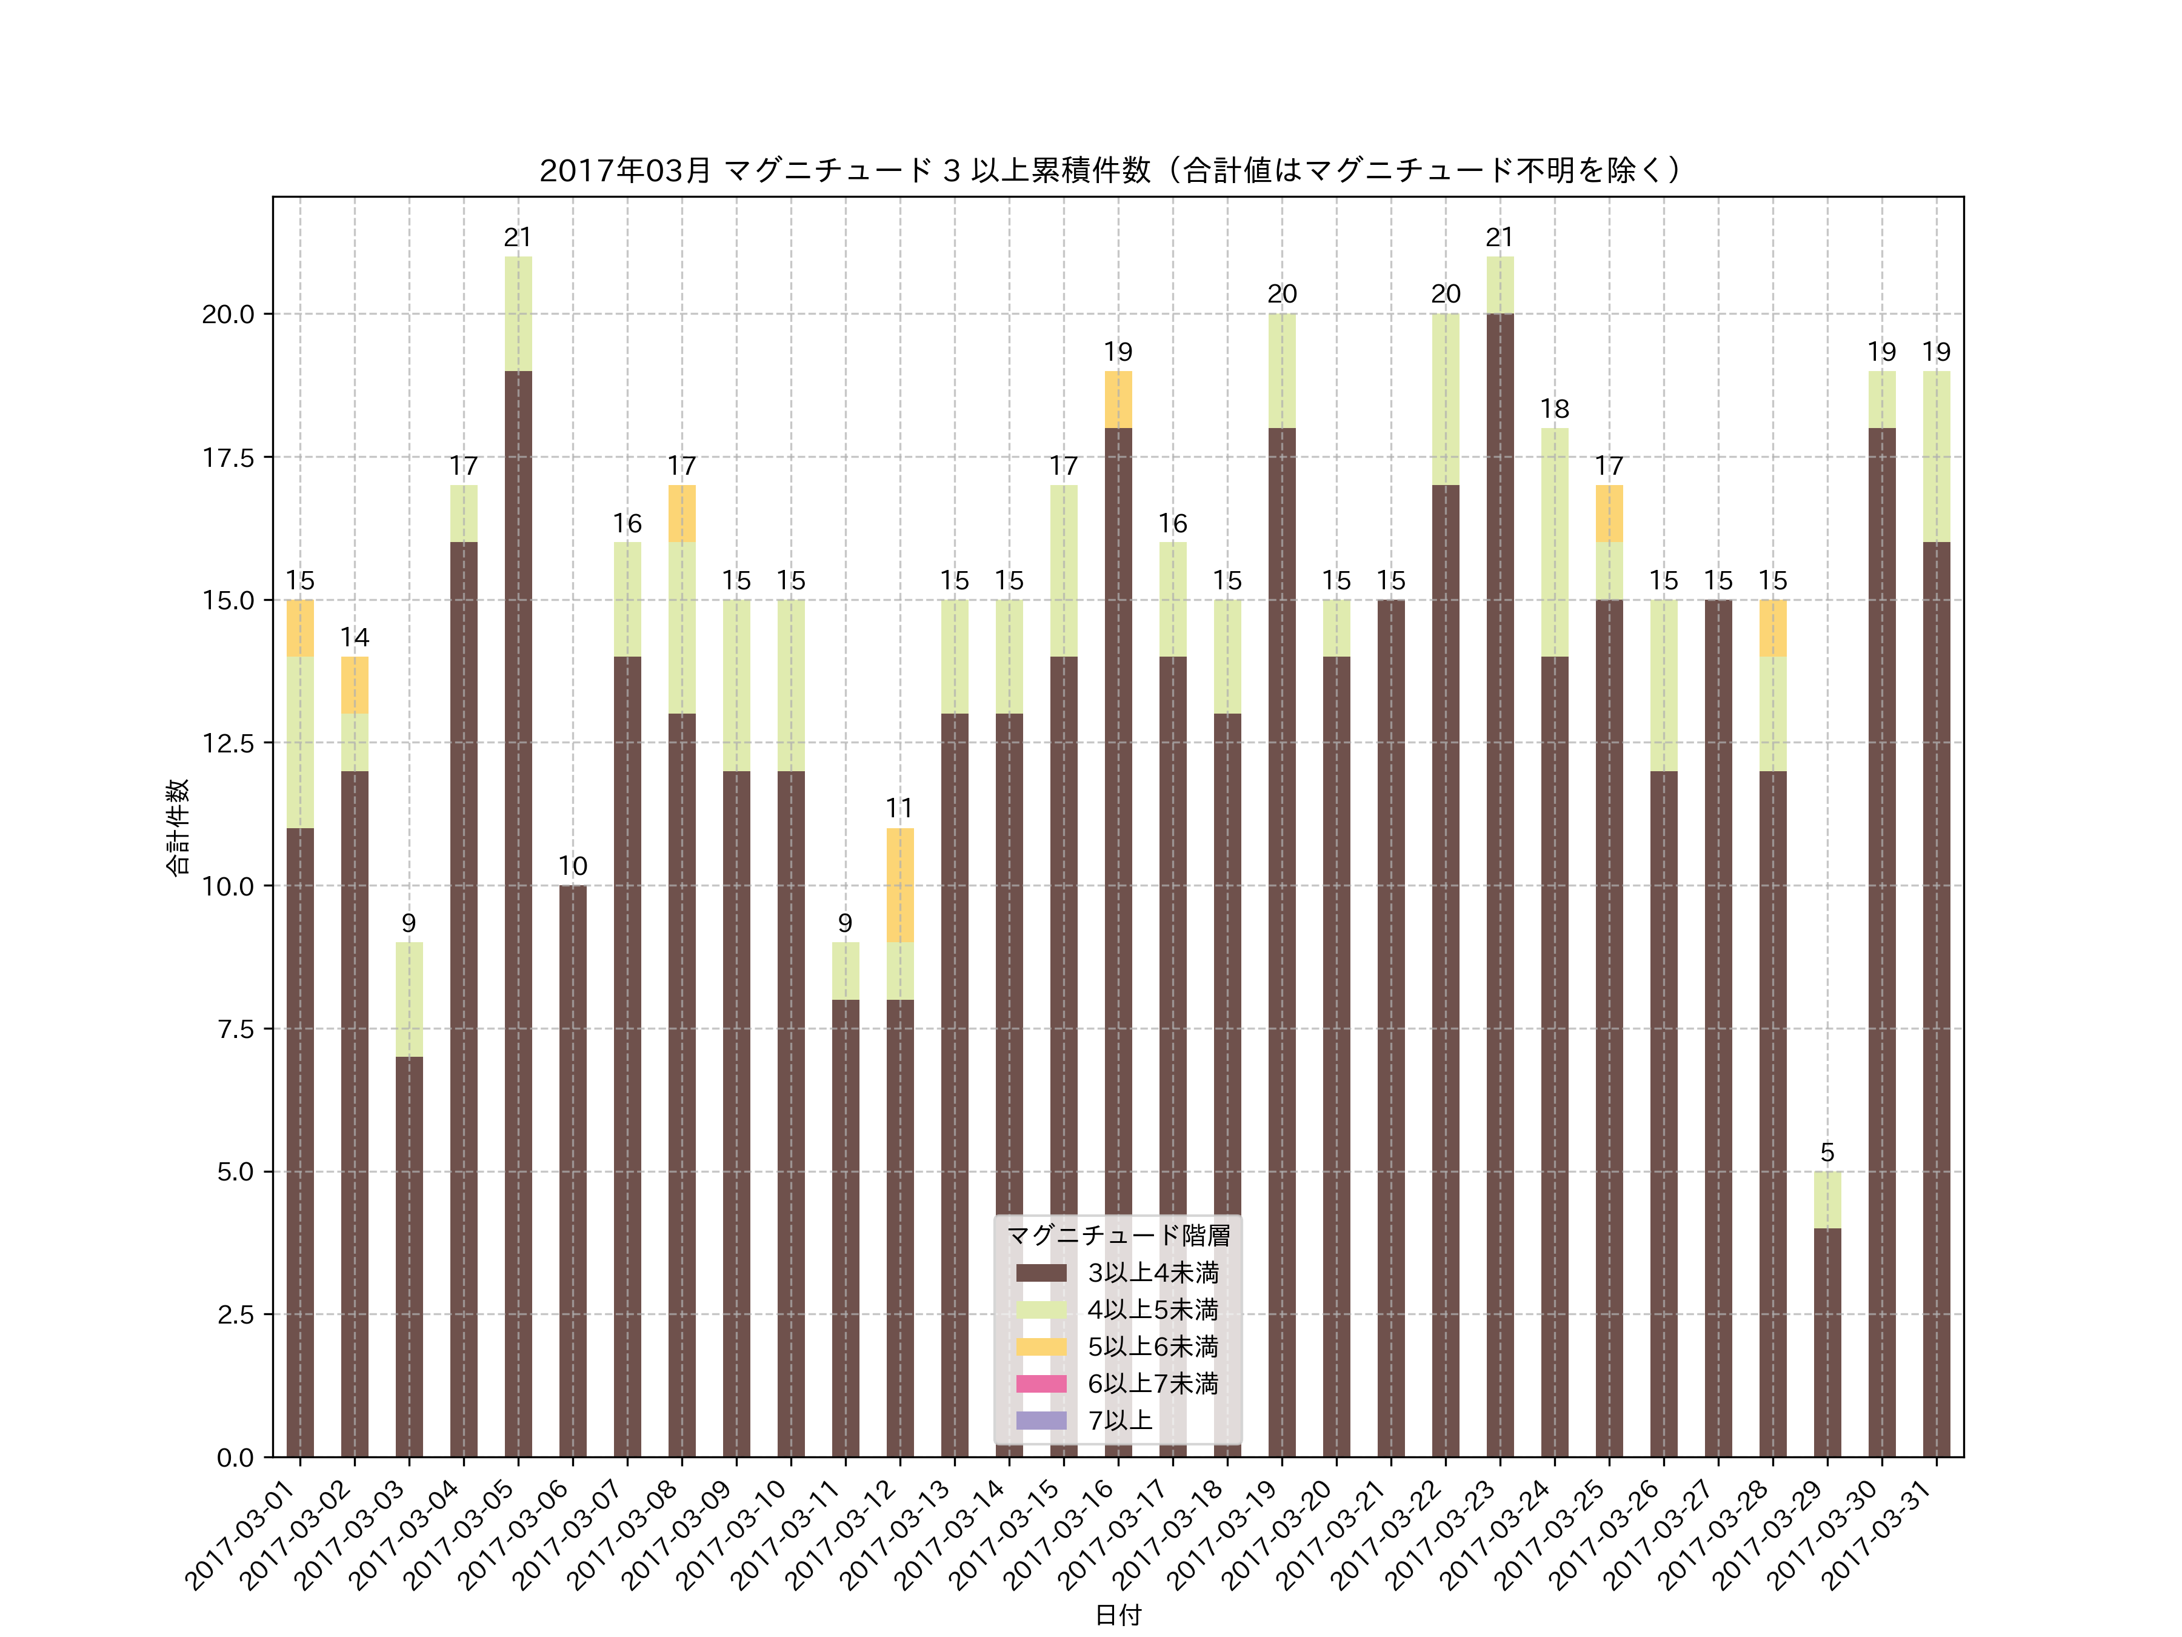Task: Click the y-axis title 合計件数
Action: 178,827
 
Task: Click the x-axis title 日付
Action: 1118,1615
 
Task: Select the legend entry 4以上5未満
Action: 1152,1310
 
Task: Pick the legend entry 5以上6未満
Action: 1152,1347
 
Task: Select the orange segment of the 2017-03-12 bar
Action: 899,885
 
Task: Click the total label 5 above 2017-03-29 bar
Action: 1827,1153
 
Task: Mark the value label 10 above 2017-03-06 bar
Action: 572,866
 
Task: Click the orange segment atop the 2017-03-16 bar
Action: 1118,400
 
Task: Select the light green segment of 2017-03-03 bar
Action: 409,1000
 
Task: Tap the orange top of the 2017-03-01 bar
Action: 300,629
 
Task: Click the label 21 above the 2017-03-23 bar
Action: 1500,238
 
